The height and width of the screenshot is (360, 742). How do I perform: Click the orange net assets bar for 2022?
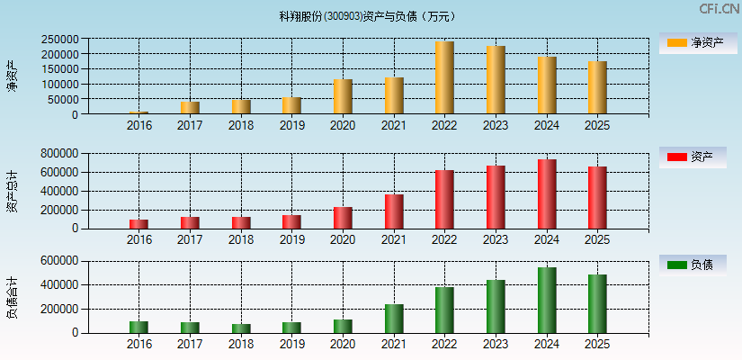click(444, 77)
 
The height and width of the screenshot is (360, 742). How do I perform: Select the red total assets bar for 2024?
click(547, 194)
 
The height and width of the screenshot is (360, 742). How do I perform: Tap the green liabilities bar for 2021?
click(394, 319)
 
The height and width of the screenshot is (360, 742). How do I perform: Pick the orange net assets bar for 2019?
click(291, 105)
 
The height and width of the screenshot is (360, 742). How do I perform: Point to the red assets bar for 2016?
click(139, 224)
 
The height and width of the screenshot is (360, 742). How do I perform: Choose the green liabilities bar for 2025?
click(597, 304)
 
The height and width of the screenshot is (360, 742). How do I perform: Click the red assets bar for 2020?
click(343, 218)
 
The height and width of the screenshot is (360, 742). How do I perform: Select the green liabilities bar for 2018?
click(241, 328)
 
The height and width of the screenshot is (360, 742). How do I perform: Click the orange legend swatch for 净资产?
click(677, 42)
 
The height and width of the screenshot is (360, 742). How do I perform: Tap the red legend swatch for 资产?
click(677, 157)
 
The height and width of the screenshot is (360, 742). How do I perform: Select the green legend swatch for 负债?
click(677, 265)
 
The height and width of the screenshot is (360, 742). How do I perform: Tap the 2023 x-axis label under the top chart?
click(496, 126)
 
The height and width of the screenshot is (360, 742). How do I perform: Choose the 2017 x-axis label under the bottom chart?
click(190, 345)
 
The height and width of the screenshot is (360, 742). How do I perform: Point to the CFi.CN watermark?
click(719, 9)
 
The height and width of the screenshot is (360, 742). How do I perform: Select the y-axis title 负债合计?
click(12, 298)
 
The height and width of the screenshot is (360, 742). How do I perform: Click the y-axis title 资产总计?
click(12, 191)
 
